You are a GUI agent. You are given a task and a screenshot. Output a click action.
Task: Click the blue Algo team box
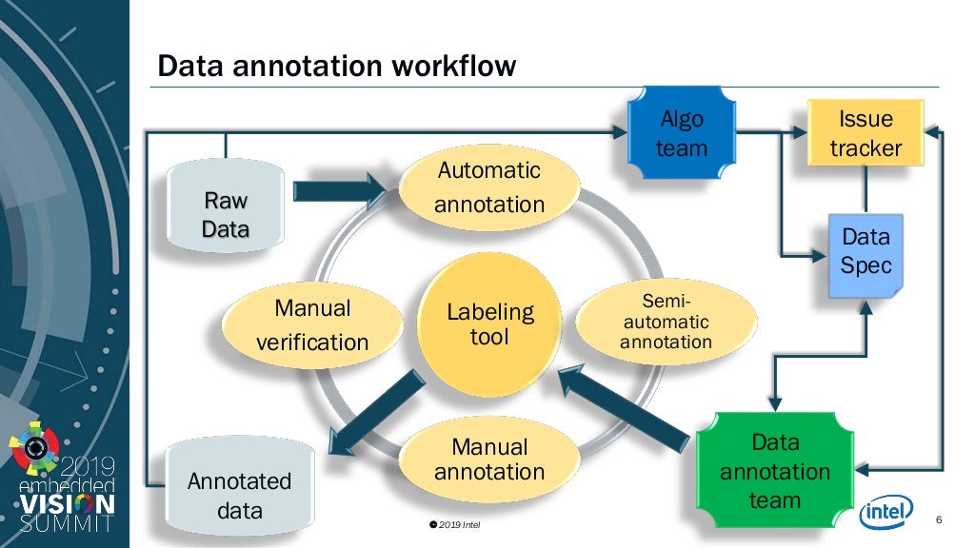point(682,134)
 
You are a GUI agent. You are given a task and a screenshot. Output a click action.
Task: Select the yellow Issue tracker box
point(866,134)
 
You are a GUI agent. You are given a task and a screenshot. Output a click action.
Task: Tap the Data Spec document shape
point(866,251)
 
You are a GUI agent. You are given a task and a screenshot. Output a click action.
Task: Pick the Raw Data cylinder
point(225,215)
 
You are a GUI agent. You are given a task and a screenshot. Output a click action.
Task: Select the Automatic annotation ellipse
point(489,187)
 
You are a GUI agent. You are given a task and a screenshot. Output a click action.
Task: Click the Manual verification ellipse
point(311,324)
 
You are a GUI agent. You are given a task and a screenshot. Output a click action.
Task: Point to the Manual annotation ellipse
point(489,459)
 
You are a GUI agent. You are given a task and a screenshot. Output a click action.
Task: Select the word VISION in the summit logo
point(67,503)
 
